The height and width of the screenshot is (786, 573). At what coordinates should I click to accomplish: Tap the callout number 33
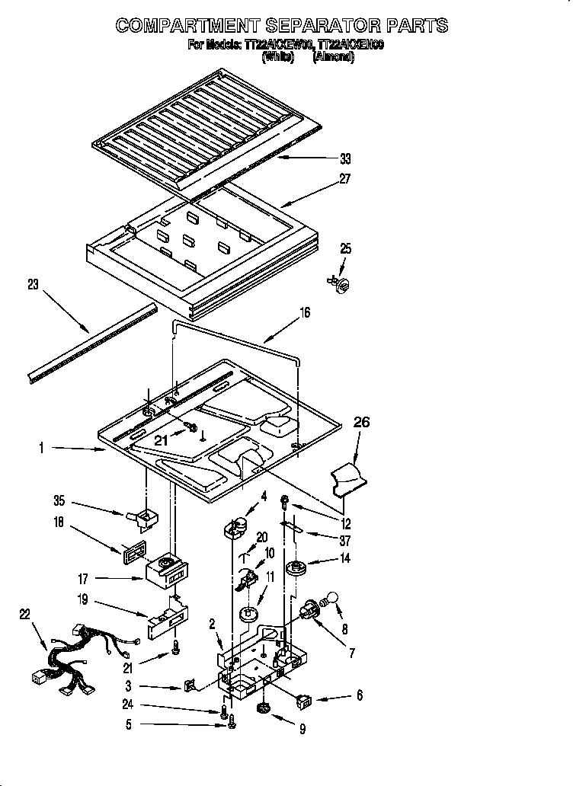click(x=345, y=159)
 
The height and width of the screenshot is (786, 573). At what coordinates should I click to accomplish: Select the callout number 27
click(x=346, y=180)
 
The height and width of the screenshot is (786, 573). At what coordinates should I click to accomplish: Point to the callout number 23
click(x=32, y=285)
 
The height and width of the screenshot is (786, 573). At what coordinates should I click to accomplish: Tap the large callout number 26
click(x=361, y=421)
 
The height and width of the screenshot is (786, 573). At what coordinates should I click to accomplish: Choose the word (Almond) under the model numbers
click(x=333, y=58)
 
